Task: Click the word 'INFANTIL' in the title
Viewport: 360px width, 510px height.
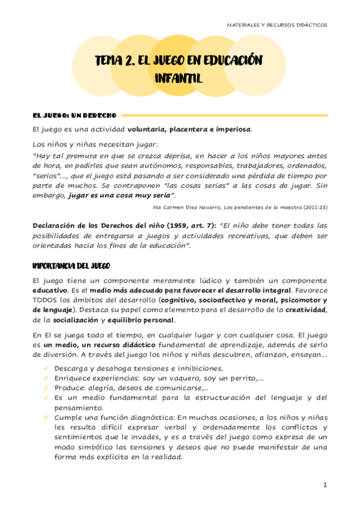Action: [x=178, y=78]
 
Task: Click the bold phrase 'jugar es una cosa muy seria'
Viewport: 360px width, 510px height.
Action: [x=121, y=195]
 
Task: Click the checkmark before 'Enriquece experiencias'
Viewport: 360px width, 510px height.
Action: [x=47, y=378]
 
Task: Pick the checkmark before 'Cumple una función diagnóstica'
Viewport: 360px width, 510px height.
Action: [x=47, y=417]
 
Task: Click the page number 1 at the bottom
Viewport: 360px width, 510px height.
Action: [x=325, y=485]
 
